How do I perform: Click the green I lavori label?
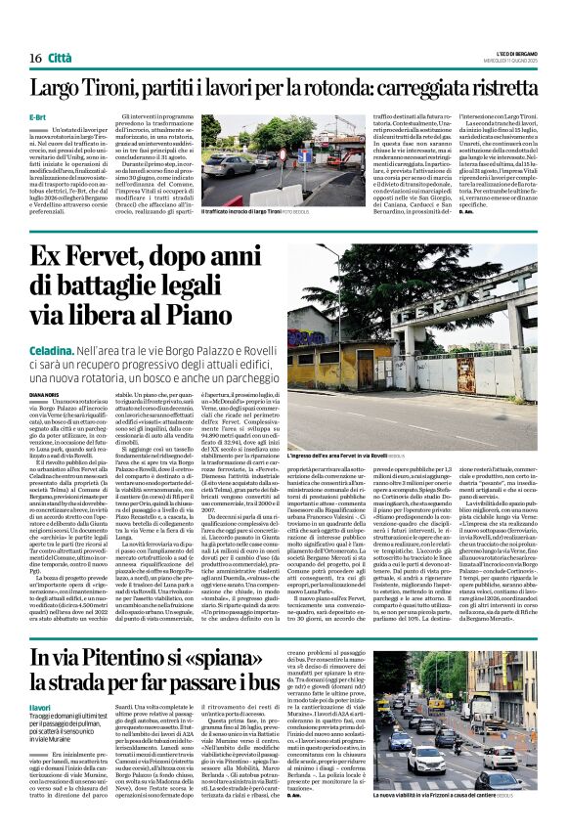point(39,705)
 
